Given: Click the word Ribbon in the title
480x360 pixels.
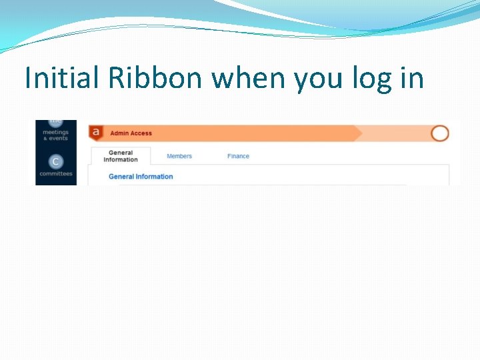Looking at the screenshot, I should click(x=157, y=78).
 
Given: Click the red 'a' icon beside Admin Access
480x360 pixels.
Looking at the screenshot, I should click(x=96, y=132).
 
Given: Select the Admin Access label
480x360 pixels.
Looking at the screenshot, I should click(x=131, y=133).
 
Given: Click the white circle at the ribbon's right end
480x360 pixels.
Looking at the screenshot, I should click(x=440, y=133).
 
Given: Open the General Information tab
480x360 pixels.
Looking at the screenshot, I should click(x=121, y=156).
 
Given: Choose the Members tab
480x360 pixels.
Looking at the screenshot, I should click(x=179, y=156).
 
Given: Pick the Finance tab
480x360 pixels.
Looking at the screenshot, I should click(x=238, y=156).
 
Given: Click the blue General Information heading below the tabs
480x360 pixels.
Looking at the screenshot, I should click(x=141, y=177).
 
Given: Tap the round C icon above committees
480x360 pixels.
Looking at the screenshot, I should click(x=56, y=161).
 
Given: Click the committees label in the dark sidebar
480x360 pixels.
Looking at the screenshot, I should click(x=56, y=174).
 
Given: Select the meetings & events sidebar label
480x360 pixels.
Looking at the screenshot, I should click(x=56, y=135).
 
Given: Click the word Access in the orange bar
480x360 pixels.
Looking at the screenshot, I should click(x=141, y=133).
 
